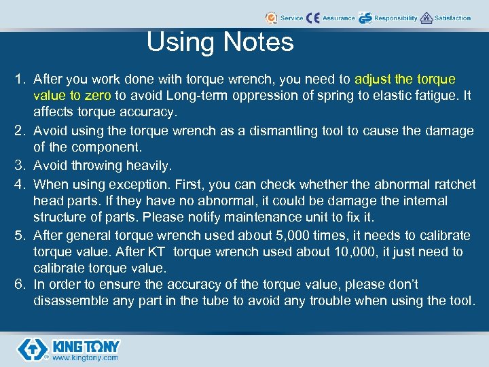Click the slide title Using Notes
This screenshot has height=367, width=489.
[220, 42]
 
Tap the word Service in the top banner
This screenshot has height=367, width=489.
[292, 18]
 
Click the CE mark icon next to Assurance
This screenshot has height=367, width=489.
[313, 18]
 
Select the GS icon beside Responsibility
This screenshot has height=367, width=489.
[365, 18]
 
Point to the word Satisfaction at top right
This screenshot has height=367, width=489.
[453, 18]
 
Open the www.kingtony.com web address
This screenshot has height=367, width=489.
[85, 357]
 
